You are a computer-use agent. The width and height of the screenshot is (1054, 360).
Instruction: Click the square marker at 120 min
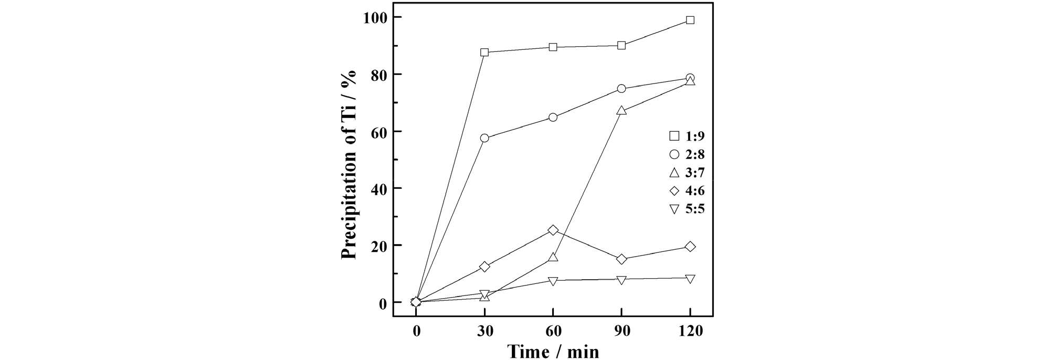coord(690,20)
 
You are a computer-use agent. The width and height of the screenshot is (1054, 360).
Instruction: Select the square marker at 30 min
coord(484,52)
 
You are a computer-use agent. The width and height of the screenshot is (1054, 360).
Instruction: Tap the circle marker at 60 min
coord(553,117)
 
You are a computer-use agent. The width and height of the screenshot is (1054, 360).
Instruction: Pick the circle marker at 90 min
coord(621,89)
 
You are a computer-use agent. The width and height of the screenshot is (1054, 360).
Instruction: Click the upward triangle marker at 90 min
coord(621,111)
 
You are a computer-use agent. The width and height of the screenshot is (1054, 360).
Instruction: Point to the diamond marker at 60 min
coord(553,230)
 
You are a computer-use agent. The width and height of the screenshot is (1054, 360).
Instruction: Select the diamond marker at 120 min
coord(690,247)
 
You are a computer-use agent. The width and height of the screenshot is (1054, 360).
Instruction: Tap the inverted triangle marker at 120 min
coord(690,279)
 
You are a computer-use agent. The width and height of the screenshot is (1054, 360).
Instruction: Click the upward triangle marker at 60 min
coord(553,257)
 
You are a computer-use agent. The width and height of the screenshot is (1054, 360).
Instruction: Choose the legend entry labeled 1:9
coord(687,136)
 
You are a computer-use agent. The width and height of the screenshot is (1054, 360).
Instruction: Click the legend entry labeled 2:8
coord(687,154)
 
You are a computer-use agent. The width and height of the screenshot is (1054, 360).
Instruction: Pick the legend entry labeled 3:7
coord(687,173)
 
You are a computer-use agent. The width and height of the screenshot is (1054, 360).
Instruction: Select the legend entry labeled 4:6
coord(687,190)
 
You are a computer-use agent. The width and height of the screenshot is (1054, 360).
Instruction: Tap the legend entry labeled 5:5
coord(687,209)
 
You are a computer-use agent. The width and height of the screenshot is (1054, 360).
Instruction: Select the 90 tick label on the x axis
coord(621,331)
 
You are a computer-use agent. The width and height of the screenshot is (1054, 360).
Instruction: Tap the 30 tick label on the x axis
coord(484,331)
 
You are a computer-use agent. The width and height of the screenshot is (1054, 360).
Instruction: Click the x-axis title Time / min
coord(553,351)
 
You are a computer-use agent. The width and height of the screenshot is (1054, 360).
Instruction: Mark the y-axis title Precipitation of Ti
coord(349,164)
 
